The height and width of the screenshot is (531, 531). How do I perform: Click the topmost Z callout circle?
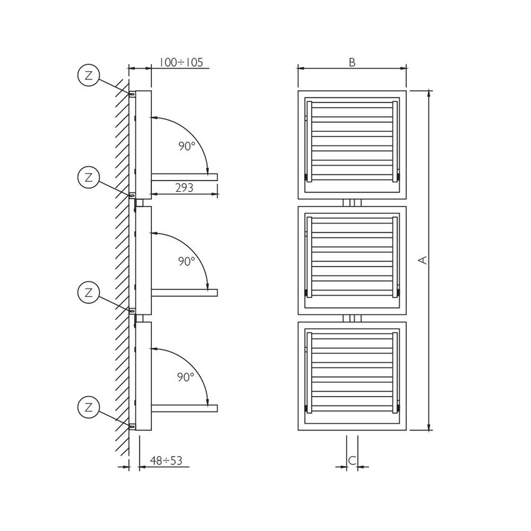89,76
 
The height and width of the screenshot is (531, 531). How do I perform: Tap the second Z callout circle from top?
89,177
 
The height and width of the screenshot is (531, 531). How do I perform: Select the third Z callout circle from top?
89,291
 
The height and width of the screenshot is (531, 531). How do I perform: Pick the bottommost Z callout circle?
89,408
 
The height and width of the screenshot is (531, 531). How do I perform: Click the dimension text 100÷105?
181,62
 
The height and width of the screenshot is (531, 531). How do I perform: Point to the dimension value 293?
184,187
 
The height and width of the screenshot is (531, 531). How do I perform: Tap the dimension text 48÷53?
166,461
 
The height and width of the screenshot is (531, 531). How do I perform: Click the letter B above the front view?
352,62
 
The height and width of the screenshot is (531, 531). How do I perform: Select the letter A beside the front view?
423,260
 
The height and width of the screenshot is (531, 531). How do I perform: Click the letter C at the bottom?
352,460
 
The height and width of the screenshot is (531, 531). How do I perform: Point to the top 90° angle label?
186,146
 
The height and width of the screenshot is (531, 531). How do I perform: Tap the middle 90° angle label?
186,261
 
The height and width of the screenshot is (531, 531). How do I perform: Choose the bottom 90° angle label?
186,377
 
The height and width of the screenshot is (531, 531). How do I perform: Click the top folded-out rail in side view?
184,177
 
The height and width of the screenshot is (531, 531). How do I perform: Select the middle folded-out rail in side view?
184,292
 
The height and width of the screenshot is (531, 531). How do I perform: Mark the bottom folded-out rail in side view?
184,409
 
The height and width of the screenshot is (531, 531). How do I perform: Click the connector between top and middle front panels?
352,203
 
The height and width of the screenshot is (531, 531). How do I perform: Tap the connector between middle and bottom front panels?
352,319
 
